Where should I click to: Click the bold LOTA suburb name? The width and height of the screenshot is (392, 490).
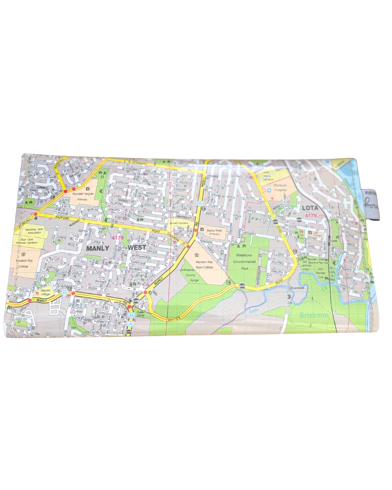(x=310, y=208)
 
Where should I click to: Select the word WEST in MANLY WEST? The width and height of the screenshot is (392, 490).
(x=137, y=248)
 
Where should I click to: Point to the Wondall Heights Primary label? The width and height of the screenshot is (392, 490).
(x=83, y=196)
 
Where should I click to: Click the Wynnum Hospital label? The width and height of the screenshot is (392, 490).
(x=280, y=188)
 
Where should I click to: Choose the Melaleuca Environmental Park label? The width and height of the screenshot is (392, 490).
(x=244, y=261)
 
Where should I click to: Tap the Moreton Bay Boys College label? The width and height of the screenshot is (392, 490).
(x=204, y=264)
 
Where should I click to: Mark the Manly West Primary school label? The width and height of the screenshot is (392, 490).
(x=214, y=232)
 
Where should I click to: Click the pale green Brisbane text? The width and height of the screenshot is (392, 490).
(x=314, y=315)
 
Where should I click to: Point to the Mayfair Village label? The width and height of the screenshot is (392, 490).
(x=45, y=293)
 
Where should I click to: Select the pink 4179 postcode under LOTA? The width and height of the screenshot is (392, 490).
(x=311, y=216)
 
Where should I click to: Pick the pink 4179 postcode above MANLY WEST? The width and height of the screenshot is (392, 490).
(x=118, y=238)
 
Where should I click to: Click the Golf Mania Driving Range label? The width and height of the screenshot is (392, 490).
(x=190, y=275)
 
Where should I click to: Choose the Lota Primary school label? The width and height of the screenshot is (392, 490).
(x=317, y=234)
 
